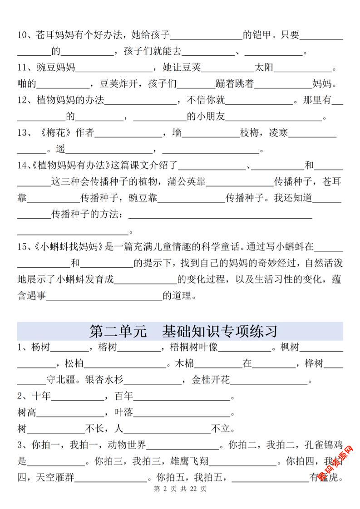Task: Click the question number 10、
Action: [26, 34]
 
